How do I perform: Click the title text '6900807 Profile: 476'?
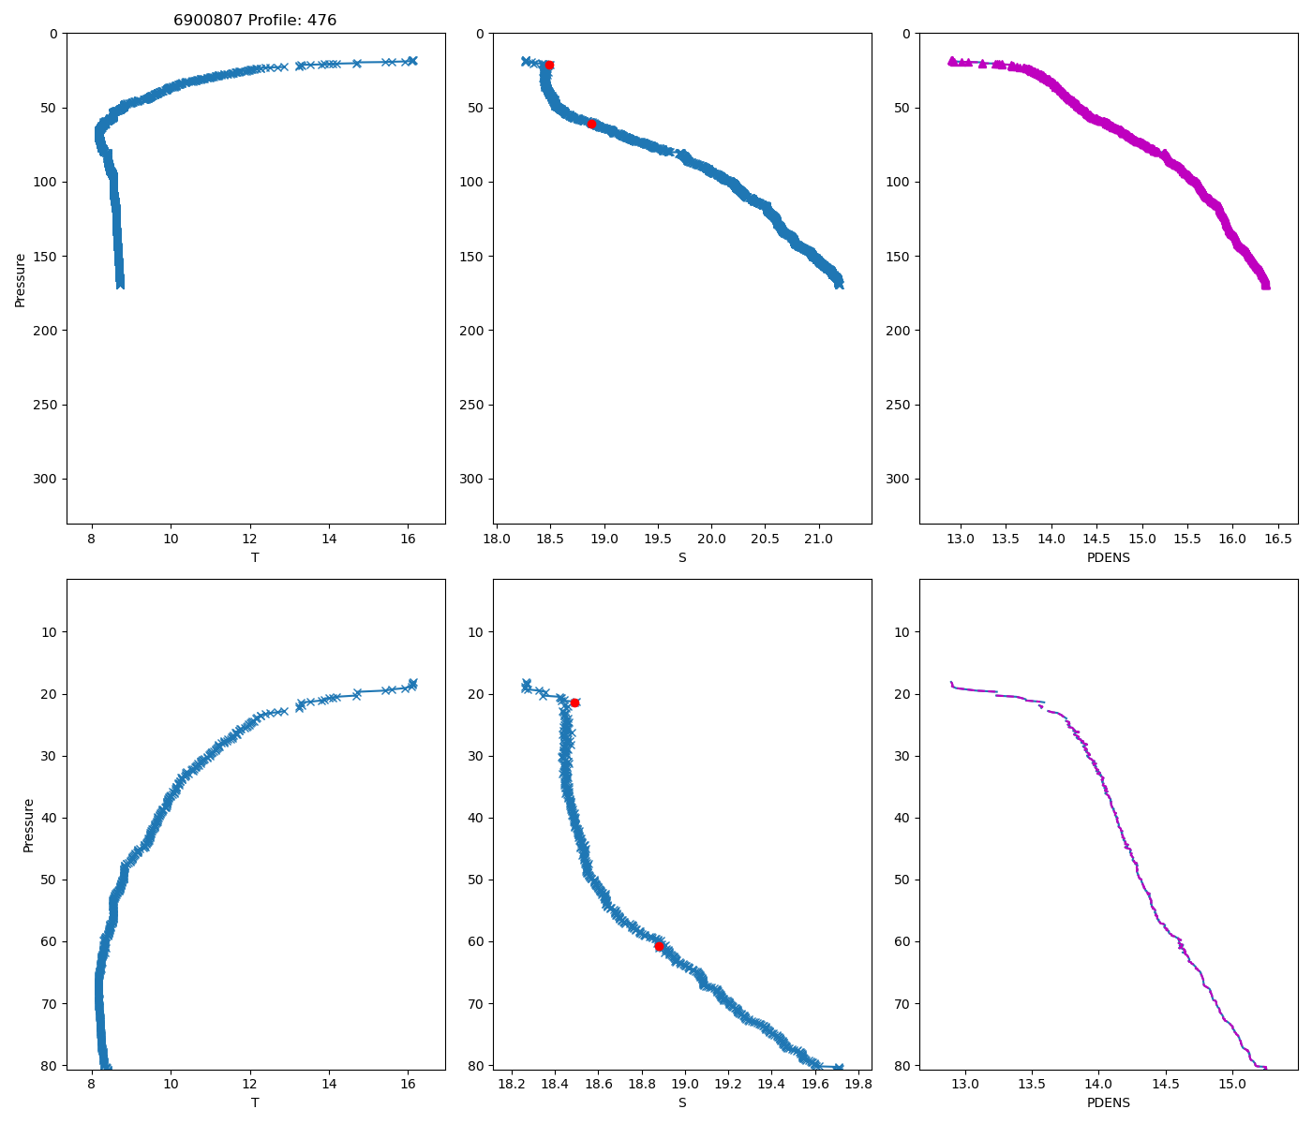(255, 21)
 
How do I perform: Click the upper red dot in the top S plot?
(549, 65)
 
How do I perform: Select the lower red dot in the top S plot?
(591, 124)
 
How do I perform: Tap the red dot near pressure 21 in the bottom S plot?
(574, 702)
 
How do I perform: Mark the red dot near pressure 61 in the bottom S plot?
(659, 946)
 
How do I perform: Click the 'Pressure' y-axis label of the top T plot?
(21, 278)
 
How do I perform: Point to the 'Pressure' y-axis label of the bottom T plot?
(28, 824)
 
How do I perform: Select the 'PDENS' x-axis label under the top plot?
(1108, 557)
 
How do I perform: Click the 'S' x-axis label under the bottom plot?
(682, 1102)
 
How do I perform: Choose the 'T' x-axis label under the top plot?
(255, 557)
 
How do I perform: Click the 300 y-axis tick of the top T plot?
(47, 479)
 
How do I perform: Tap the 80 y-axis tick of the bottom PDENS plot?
(901, 1065)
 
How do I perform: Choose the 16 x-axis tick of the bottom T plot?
(408, 1084)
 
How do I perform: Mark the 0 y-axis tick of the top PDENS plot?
(905, 34)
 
